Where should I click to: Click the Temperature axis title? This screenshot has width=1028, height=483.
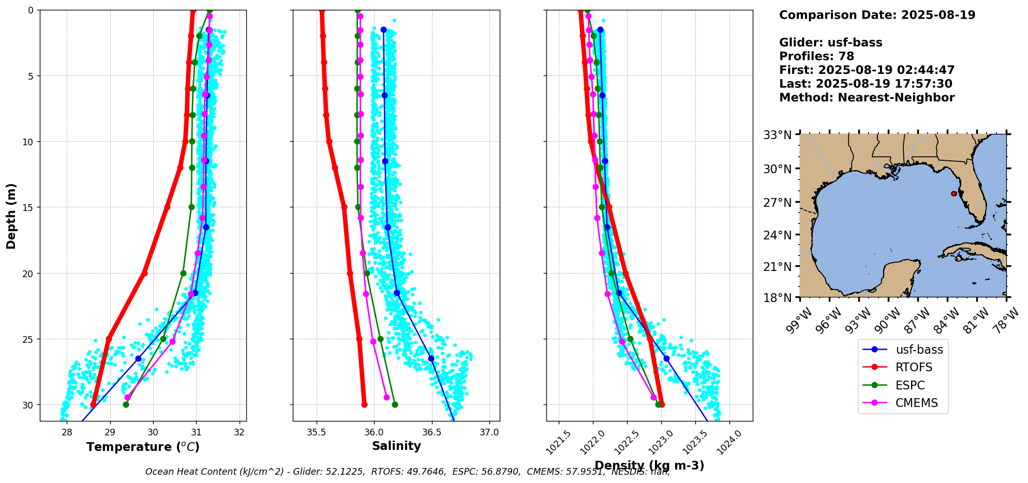coord(143,447)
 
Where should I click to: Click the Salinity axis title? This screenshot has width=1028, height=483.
coord(396,446)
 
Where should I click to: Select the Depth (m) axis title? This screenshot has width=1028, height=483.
coord(11,216)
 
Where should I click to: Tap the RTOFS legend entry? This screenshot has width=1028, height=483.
coord(914,368)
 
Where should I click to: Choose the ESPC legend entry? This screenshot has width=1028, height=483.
coord(910,385)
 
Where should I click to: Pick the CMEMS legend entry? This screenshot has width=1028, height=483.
coord(916,403)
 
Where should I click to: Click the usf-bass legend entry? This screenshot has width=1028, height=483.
coord(919,350)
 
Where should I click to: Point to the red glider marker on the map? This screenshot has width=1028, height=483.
coord(953,193)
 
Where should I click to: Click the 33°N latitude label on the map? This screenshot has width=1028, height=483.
coord(778,135)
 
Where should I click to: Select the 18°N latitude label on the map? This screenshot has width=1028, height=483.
coord(778,298)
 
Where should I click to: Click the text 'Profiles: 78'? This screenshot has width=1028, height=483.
coord(816,56)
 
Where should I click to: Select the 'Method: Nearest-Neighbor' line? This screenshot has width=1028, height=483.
coord(867,98)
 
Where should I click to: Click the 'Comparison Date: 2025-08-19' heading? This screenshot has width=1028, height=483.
coord(877,15)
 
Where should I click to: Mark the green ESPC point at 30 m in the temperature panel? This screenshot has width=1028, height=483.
coord(126,404)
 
